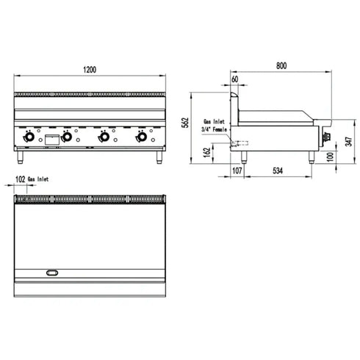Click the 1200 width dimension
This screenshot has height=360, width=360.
(90, 69)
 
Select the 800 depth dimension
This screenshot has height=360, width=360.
(281, 66)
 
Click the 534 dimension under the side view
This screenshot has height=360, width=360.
(276, 171)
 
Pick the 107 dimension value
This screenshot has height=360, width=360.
(237, 171)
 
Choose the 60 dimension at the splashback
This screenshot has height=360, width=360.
(234, 79)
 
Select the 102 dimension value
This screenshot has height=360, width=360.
(20, 179)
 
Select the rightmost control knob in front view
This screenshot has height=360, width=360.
(141, 137)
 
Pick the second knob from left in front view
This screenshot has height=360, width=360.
(67, 137)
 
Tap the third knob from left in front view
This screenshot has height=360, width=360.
(104, 137)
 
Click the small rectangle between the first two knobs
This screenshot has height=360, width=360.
(51, 137)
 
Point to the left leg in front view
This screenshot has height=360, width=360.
(21, 155)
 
